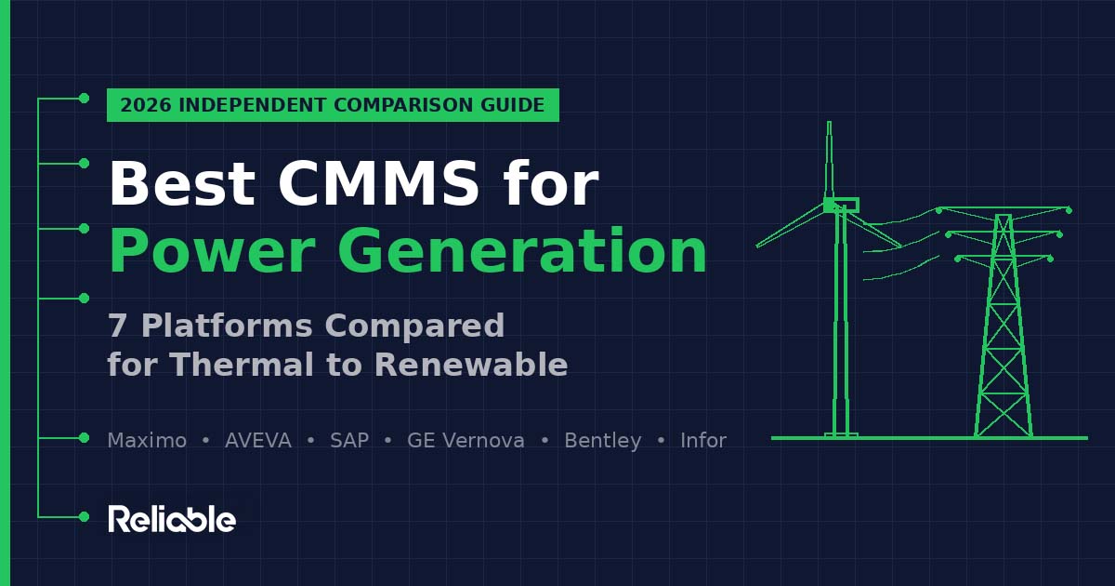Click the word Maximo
147,441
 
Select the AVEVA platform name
258,441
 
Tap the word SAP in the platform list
349,441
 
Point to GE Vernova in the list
466,441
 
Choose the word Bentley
603,441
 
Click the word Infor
703,441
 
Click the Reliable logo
172,519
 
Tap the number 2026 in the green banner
145,105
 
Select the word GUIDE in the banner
513,105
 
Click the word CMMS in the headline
378,184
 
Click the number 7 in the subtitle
117,326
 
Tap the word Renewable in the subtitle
470,365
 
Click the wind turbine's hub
830,205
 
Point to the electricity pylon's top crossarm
1003,208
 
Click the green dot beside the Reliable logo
84,516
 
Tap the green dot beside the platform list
84,437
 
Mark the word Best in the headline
181,184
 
